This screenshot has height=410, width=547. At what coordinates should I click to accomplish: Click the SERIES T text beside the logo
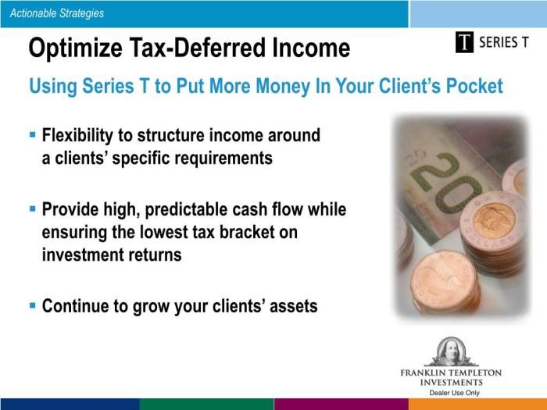(x=509, y=42)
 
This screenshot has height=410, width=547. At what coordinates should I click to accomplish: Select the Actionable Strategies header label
(x=57, y=13)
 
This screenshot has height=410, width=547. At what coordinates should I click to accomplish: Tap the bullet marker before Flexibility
(x=33, y=135)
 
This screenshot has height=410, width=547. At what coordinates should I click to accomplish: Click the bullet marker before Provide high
(x=33, y=209)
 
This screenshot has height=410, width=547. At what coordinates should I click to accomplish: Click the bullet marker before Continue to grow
(x=33, y=305)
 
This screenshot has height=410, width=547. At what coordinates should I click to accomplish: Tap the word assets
(x=294, y=306)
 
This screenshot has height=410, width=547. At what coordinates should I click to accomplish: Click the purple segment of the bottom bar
(x=341, y=404)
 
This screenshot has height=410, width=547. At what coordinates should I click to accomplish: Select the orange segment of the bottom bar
(x=477, y=404)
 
